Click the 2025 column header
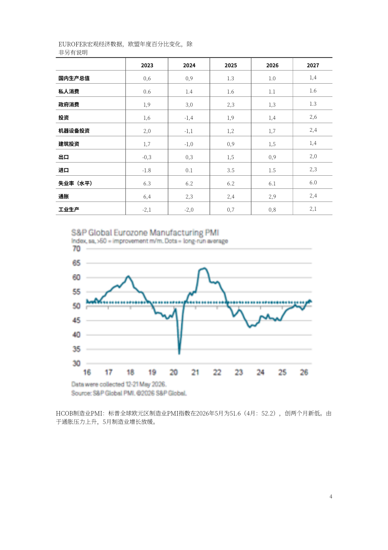click(231, 65)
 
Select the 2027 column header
click(313, 65)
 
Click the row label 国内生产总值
click(74, 78)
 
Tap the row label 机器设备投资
click(74, 131)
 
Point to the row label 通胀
click(64, 196)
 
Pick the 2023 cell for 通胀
click(147, 197)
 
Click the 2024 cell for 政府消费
click(189, 105)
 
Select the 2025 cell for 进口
click(231, 170)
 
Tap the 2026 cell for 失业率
click(272, 183)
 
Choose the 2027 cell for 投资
click(313, 117)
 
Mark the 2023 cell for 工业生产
click(147, 210)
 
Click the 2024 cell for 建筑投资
click(189, 144)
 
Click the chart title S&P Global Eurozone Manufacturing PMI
click(145, 232)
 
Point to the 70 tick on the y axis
click(76, 249)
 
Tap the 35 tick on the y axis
click(76, 349)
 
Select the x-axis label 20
click(173, 373)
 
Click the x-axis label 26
click(304, 373)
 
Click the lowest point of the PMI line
click(179, 354)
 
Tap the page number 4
click(331, 496)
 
